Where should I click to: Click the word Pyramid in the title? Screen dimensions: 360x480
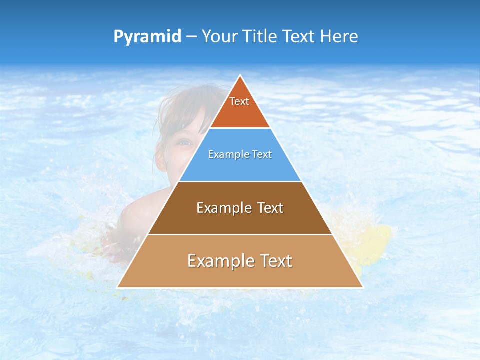tap(147, 37)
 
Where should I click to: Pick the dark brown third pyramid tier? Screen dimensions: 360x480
tap(240, 220)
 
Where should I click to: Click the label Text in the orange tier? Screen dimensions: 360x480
tap(239, 101)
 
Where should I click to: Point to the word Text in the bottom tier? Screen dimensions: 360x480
tap(273, 261)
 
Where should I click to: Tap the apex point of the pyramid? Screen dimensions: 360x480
tap(240, 75)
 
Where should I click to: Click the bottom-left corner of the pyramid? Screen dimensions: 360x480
tap(118, 287)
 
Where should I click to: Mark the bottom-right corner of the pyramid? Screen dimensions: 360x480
tap(362, 287)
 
